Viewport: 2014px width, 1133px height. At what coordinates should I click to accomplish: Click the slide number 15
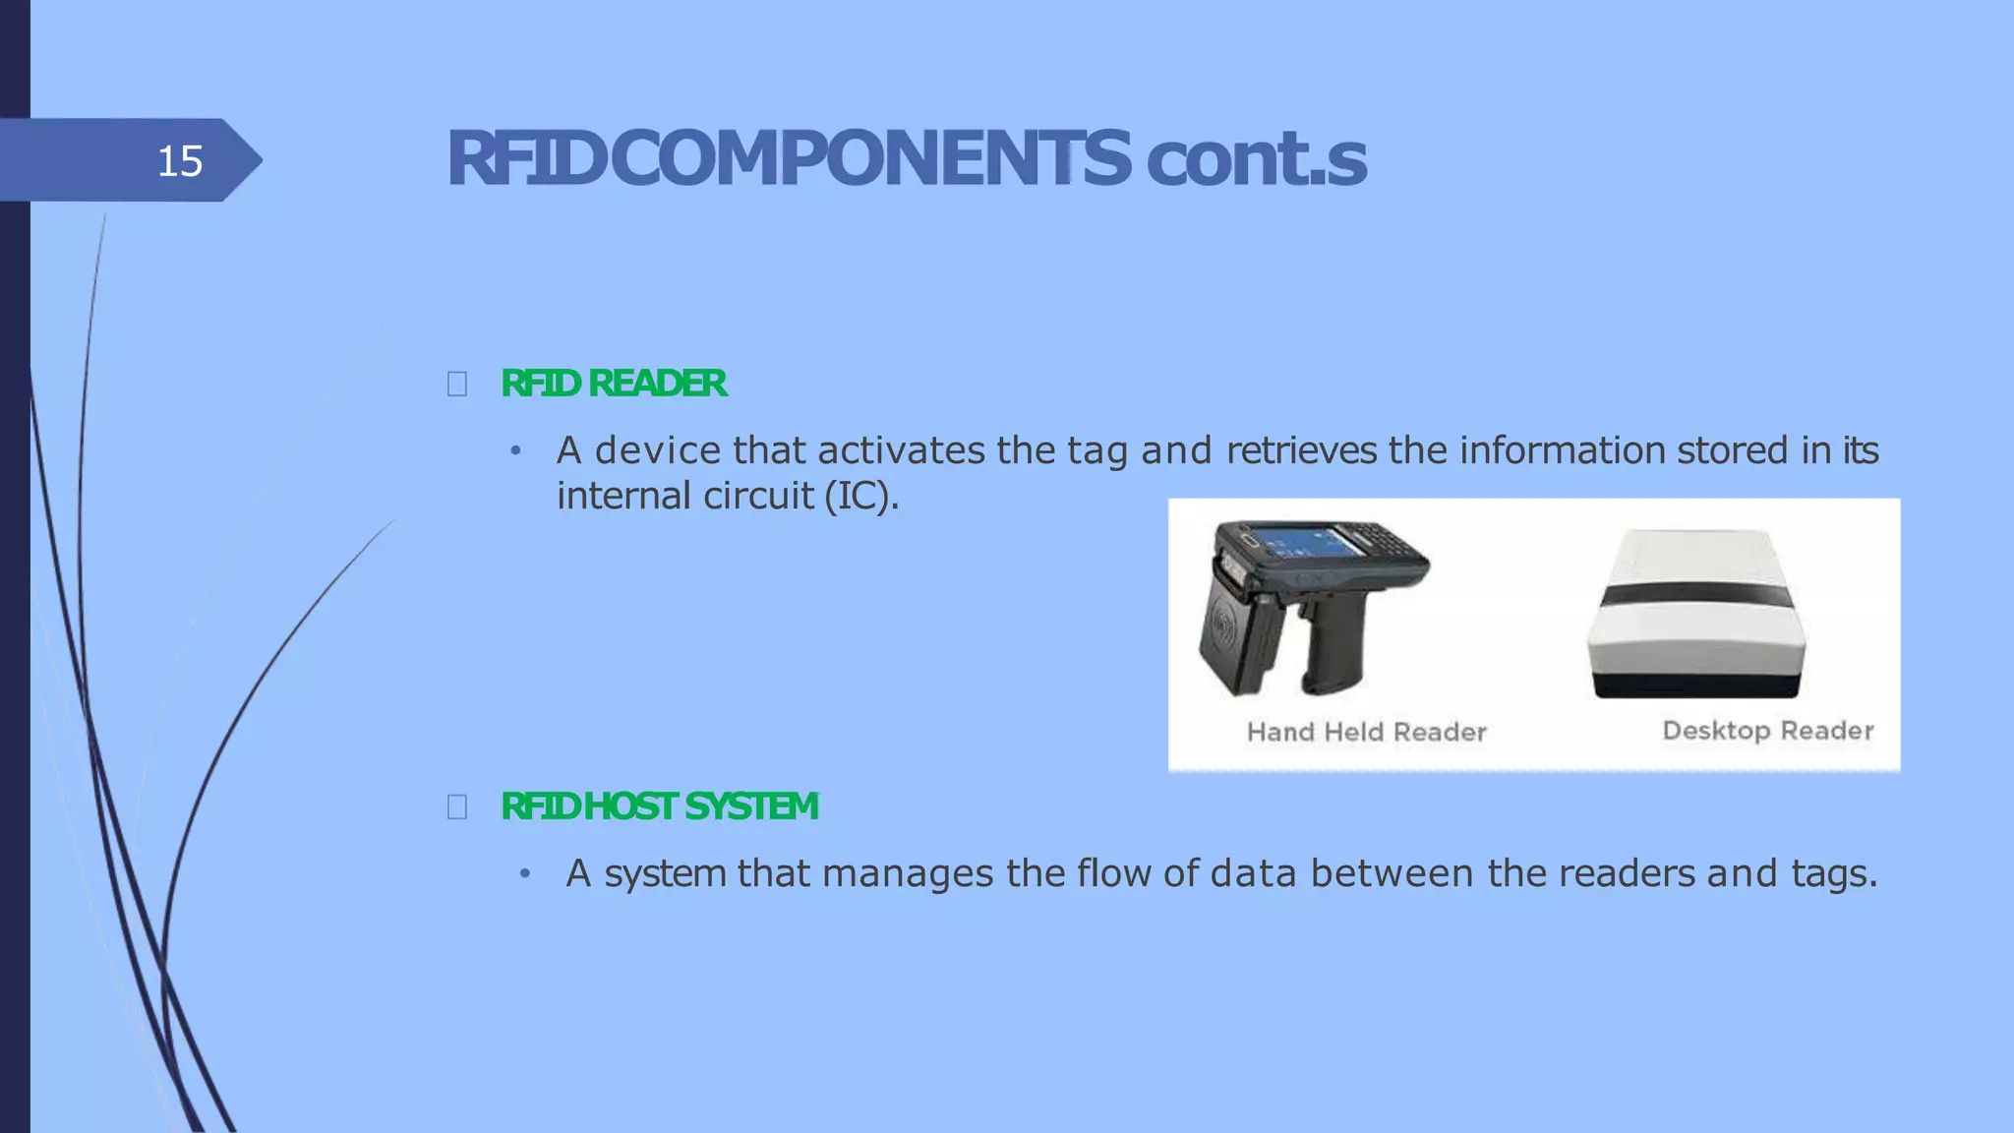(180, 160)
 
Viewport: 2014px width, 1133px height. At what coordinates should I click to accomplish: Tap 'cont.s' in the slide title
(1256, 160)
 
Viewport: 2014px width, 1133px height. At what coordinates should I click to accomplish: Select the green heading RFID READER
(614, 384)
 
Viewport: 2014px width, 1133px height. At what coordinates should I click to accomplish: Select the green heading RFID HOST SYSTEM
(659, 806)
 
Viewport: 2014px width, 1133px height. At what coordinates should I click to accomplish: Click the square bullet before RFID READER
(457, 384)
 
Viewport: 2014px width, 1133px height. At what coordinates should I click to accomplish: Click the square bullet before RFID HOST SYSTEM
(457, 807)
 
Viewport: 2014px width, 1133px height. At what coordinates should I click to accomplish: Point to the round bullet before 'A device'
(514, 451)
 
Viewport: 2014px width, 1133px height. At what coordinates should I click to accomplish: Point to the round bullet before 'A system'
(525, 873)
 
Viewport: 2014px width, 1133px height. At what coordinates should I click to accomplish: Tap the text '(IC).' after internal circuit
(861, 496)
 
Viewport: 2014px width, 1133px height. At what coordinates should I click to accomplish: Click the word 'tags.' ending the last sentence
(1834, 873)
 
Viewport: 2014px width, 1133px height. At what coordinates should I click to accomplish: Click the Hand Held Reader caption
(1366, 732)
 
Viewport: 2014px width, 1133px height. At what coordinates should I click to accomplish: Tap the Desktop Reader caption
(1767, 731)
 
